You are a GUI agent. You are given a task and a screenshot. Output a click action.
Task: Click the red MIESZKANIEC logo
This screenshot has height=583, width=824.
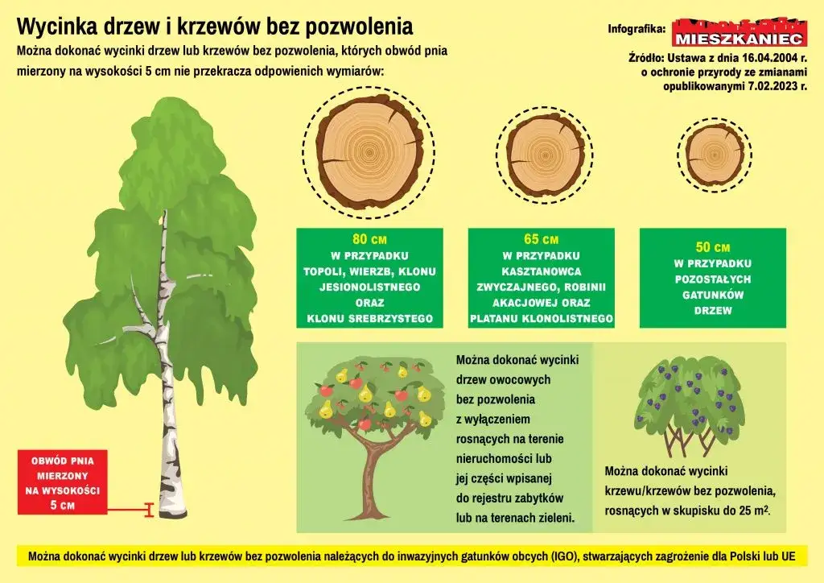point(738,32)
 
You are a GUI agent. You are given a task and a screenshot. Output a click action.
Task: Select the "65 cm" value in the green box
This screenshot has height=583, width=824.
point(541,240)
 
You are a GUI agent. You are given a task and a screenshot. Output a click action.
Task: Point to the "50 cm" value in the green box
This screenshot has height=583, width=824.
point(712,247)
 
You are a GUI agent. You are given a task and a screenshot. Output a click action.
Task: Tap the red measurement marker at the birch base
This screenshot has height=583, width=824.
point(148,509)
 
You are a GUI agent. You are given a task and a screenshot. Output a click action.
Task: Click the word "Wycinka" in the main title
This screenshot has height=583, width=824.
point(53,27)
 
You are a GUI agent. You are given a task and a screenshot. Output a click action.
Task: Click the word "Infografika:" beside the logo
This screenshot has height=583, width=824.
point(637,30)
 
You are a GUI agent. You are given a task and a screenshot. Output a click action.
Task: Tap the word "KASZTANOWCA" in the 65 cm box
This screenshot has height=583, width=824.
point(541,271)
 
